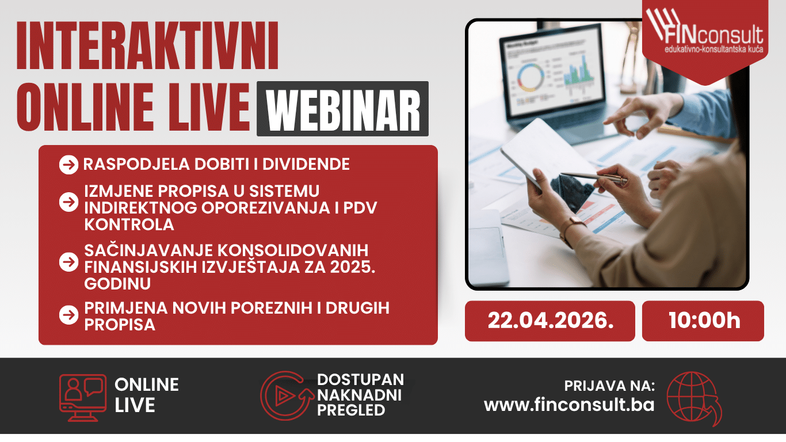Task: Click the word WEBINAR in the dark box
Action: (343, 109)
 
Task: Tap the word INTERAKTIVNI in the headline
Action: (147, 45)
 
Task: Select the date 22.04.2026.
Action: (550, 321)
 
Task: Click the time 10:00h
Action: (704, 321)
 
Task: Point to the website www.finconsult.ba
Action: (569, 405)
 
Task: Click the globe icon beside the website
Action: (694, 398)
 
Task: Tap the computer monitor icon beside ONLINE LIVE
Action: (83, 398)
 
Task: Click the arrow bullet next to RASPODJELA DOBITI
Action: (69, 165)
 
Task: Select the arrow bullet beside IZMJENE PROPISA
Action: (69, 202)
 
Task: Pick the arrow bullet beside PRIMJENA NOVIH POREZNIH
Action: (69, 315)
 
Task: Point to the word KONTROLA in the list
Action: (129, 224)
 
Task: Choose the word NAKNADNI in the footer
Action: (359, 395)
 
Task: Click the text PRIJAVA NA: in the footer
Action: (609, 386)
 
